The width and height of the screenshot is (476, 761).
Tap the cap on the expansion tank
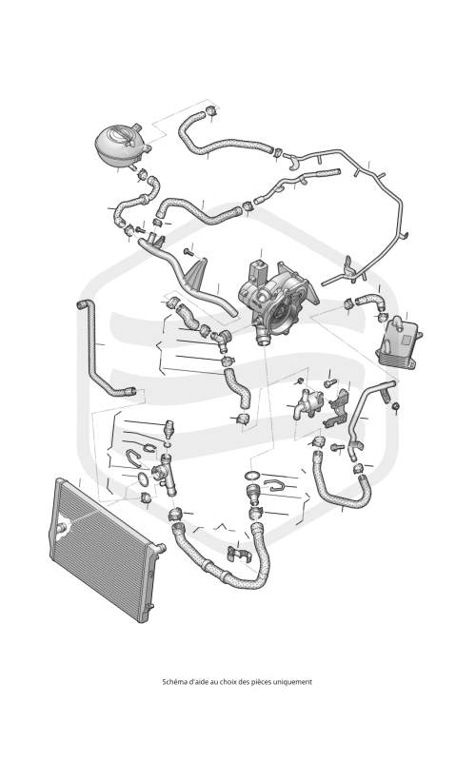pos(123,134)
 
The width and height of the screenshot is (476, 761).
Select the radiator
pos(104,551)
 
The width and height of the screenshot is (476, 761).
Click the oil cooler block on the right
pos(397,342)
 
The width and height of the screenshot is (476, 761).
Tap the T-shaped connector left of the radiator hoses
pos(164,473)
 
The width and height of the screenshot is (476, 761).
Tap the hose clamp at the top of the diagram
pos(210,110)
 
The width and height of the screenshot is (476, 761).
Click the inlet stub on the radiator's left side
pos(61,528)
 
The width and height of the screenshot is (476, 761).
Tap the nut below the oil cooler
pos(396,406)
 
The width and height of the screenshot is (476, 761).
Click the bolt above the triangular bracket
pos(188,252)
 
